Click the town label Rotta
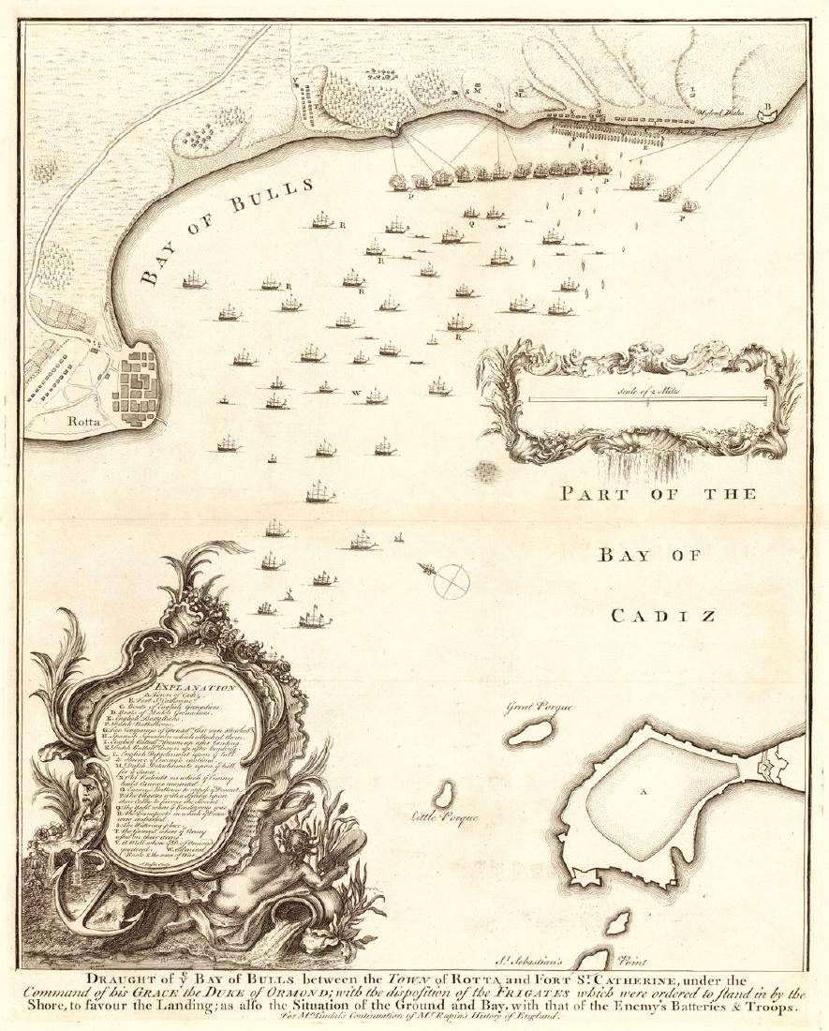83,421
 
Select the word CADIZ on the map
666,616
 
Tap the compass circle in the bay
452,581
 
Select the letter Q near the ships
471,224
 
